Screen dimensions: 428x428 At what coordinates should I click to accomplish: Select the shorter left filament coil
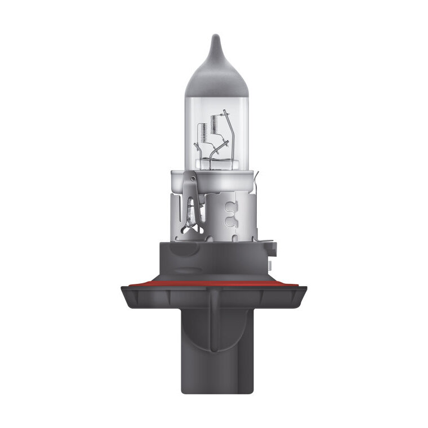coord(201,135)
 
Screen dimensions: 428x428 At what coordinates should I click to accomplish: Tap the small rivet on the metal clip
coord(193,179)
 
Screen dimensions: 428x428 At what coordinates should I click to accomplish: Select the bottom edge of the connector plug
coord(213,392)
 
